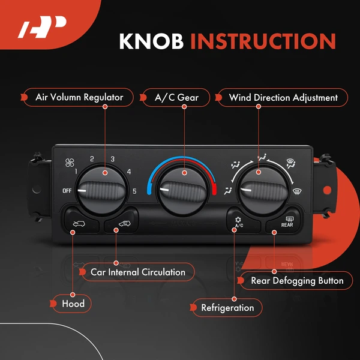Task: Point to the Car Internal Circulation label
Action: pos(137,272)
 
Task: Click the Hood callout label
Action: pos(73,304)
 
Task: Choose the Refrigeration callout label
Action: pos(227,308)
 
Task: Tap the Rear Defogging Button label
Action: pos(296,280)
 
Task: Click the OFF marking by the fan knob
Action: pos(67,191)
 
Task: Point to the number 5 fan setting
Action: pos(134,191)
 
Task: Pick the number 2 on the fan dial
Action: pos(92,159)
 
